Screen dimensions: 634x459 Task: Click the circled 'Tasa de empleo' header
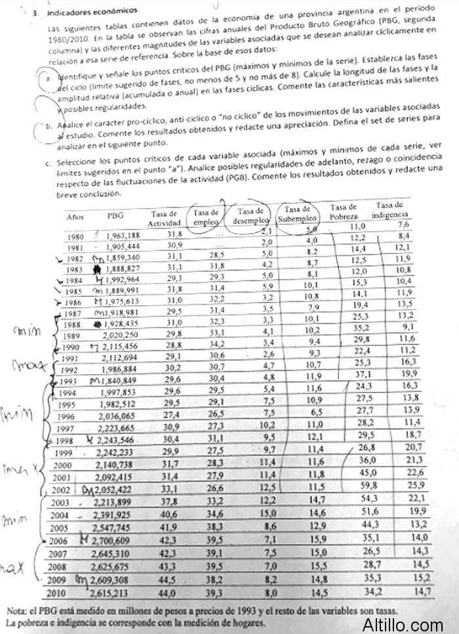click(x=207, y=217)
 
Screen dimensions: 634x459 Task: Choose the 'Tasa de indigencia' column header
click(x=390, y=210)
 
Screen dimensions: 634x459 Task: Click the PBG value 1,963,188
click(x=123, y=236)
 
